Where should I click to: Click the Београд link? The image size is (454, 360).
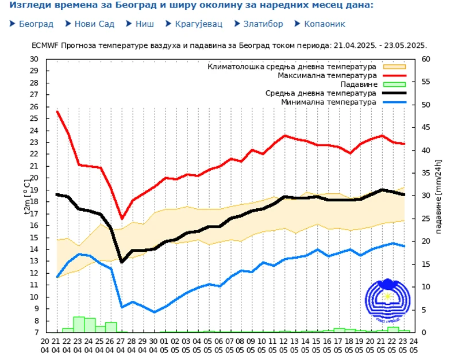pyautogui.click(x=36, y=24)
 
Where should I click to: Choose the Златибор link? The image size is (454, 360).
pyautogui.click(x=263, y=24)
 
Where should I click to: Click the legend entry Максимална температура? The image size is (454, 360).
pyautogui.click(x=327, y=75)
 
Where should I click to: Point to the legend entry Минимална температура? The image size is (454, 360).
pyautogui.click(x=329, y=102)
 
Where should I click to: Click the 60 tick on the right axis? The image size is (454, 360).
pyautogui.click(x=426, y=59)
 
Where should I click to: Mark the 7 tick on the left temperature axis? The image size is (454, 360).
pyautogui.click(x=36, y=332)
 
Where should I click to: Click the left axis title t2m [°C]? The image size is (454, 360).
pyautogui.click(x=27, y=196)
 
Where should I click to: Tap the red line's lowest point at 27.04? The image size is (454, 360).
pyautogui.click(x=122, y=219)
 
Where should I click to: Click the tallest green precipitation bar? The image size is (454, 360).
pyautogui.click(x=79, y=324)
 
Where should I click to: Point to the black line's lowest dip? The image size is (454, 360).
pyautogui.click(x=122, y=262)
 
